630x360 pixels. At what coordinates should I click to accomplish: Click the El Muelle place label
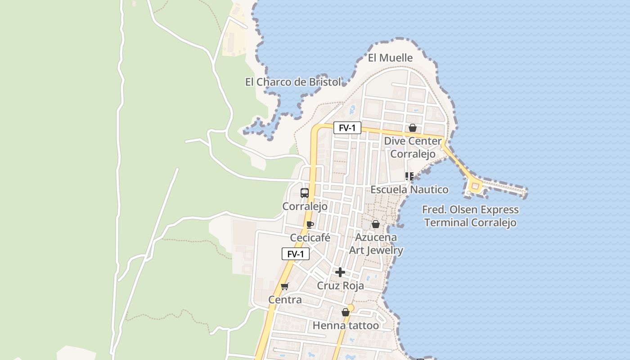pyautogui.click(x=390, y=58)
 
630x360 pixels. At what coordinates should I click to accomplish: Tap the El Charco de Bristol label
pyautogui.click(x=293, y=82)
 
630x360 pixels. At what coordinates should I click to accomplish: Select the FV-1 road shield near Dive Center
pyautogui.click(x=347, y=128)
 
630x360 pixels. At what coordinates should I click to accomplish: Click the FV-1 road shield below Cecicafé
pyautogui.click(x=296, y=254)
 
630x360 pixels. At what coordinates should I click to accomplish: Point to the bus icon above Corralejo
pyautogui.click(x=305, y=193)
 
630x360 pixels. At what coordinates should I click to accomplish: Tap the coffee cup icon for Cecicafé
pyautogui.click(x=310, y=224)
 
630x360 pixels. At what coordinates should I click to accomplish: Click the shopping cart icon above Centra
pyautogui.click(x=284, y=286)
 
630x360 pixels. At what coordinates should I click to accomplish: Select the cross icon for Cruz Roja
pyautogui.click(x=340, y=272)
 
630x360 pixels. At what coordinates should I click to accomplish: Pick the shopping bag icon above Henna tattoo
pyautogui.click(x=345, y=312)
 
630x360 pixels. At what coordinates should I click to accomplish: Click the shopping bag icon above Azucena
pyautogui.click(x=376, y=224)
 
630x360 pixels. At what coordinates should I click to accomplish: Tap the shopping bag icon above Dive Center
pyautogui.click(x=412, y=128)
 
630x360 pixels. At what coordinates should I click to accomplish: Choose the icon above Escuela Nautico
pyautogui.click(x=409, y=176)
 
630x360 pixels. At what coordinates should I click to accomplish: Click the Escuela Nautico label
pyautogui.click(x=409, y=189)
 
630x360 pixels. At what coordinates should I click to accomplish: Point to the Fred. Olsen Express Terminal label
pyautogui.click(x=470, y=216)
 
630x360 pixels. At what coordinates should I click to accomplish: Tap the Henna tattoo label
pyautogui.click(x=346, y=325)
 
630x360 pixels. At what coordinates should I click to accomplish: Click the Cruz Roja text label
pyautogui.click(x=340, y=286)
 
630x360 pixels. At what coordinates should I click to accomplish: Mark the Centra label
pyautogui.click(x=285, y=300)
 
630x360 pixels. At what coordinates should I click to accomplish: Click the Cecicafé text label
pyautogui.click(x=310, y=238)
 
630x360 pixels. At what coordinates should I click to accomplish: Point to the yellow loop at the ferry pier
pyautogui.click(x=474, y=185)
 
